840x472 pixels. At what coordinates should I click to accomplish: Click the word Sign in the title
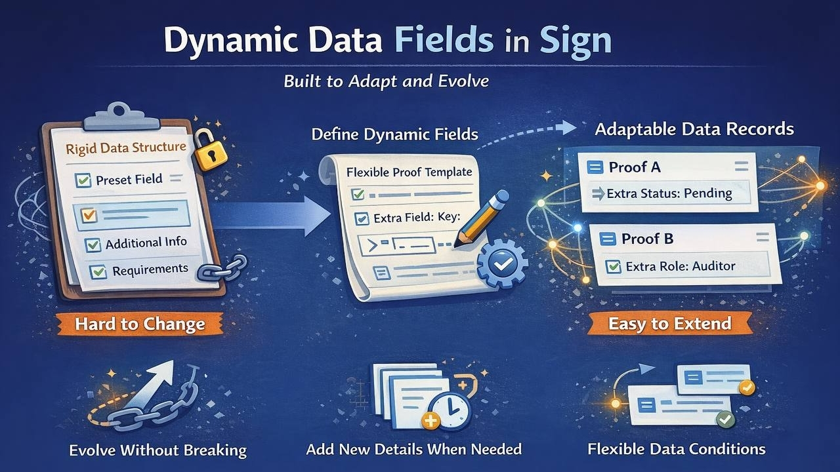[576, 41]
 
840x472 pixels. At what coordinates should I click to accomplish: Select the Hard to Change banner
[139, 324]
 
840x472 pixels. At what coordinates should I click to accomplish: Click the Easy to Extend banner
[669, 323]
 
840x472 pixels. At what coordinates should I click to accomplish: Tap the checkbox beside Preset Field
[83, 180]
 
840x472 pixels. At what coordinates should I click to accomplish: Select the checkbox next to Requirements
[98, 271]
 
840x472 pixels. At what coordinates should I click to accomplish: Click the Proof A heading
[634, 167]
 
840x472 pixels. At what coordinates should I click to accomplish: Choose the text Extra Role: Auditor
[681, 266]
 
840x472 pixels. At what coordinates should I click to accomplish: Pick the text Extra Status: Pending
[669, 193]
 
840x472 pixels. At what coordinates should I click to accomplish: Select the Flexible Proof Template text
[408, 172]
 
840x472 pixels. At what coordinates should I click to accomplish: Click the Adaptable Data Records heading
[694, 128]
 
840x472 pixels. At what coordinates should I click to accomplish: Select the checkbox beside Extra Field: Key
[361, 219]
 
